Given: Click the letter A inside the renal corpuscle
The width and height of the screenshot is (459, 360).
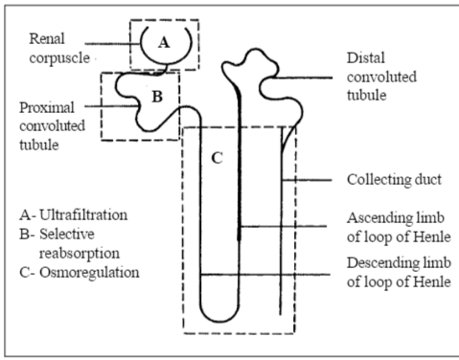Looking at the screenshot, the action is coord(164,42).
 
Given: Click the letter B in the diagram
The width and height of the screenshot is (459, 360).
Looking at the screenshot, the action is coord(157,97).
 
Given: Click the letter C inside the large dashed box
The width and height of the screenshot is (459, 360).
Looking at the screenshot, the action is coord(217,158).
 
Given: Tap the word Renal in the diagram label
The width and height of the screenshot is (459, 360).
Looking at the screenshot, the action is coord(47,38).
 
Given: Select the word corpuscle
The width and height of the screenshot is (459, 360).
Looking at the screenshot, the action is coord(59,58).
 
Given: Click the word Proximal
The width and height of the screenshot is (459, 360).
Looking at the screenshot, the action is coord(47,107).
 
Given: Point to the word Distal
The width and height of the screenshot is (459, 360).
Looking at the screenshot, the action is coord(366,58).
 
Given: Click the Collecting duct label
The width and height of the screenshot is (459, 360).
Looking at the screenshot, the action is coord(394,180).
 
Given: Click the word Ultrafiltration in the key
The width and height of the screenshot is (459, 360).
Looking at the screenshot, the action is coord(83,214).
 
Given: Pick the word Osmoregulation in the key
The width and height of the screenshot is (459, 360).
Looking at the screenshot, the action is coord(89,273).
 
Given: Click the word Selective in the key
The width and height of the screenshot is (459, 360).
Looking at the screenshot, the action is coord(67,235).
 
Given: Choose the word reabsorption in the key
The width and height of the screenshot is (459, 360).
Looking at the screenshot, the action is coord(80,254).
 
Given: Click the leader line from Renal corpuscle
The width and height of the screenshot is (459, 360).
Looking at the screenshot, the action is coord(113,44).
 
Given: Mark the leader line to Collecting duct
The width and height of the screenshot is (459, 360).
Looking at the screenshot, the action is coord(307,180).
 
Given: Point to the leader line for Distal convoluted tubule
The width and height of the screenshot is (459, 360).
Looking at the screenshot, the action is coord(304,78).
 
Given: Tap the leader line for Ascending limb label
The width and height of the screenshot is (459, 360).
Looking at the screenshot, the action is coord(284,227).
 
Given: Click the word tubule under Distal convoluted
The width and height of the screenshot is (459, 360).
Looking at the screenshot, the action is coord(367,96).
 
